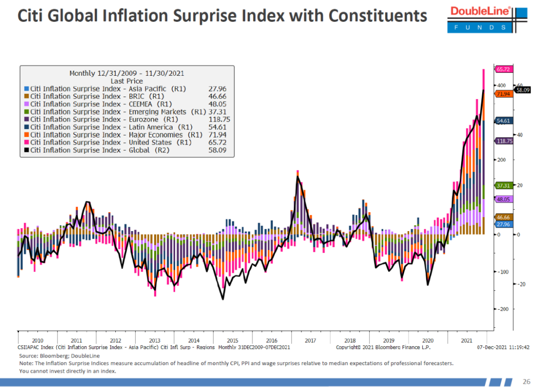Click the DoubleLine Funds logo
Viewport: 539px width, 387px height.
click(x=480, y=19)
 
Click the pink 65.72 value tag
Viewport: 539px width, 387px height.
click(x=503, y=70)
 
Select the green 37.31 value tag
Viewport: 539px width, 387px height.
click(x=503, y=185)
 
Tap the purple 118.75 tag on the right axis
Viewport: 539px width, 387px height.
click(x=504, y=141)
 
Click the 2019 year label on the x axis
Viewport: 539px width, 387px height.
click(x=388, y=341)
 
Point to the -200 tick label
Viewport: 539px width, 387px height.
click(x=503, y=309)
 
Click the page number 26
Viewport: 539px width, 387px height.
click(x=526, y=382)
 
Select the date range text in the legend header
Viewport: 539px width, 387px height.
click(x=127, y=73)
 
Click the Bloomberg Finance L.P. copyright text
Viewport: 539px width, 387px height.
click(x=383, y=347)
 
